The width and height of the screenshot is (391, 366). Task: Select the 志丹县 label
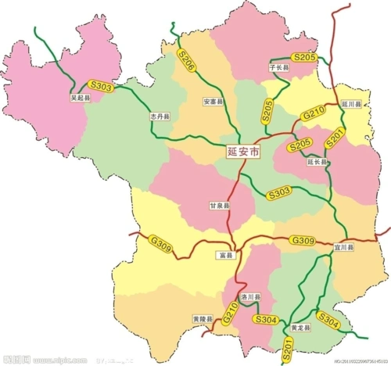(160, 116)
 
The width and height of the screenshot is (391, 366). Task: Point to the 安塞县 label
(213, 102)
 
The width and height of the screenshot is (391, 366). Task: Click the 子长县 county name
(279, 68)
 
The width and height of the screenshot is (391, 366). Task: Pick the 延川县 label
(352, 103)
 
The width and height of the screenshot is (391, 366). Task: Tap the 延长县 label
(317, 161)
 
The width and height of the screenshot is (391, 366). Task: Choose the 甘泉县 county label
(219, 206)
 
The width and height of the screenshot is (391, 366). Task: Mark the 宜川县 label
(344, 247)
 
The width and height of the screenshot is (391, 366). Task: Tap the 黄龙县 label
(301, 326)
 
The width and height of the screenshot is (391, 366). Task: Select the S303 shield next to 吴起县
(102, 88)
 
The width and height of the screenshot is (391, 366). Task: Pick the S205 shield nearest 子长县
(304, 56)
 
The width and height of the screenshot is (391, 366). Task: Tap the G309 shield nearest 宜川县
(303, 239)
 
